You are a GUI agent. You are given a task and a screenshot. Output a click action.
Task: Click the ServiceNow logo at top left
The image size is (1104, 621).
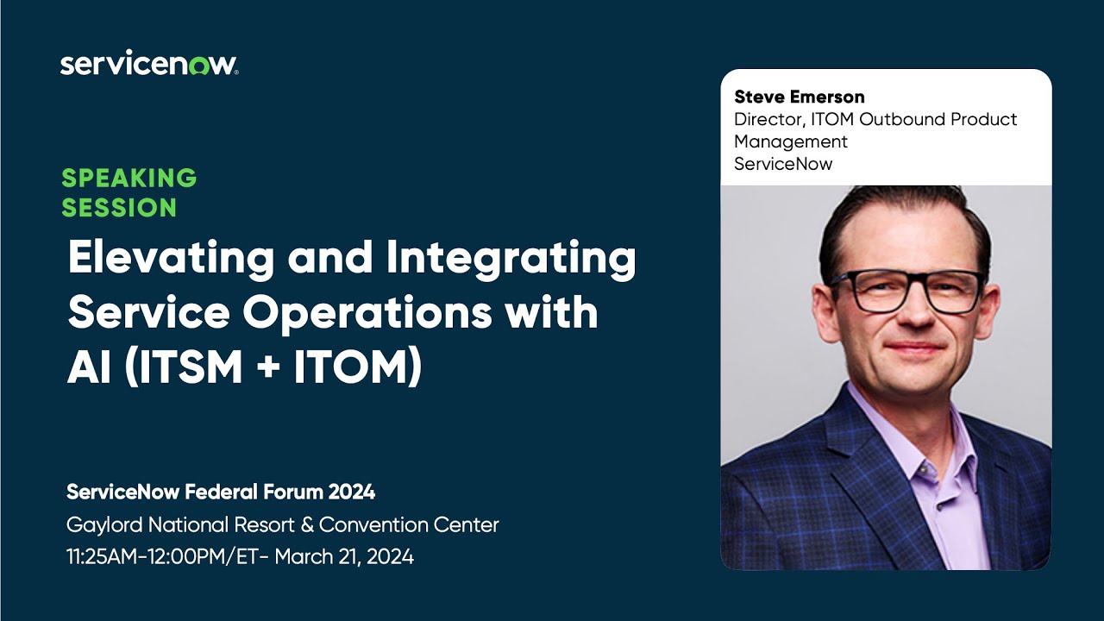click(x=148, y=65)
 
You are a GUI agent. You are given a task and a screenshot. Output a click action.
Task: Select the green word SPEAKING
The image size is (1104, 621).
click(x=129, y=179)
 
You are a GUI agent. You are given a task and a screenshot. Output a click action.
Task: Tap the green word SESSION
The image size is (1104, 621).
click(x=119, y=208)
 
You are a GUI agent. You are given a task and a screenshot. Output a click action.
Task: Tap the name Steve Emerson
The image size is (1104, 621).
click(x=799, y=97)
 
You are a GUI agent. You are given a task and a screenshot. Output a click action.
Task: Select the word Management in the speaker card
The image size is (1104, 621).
click(x=791, y=141)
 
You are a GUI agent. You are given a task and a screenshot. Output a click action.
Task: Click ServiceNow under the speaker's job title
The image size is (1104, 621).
click(x=783, y=164)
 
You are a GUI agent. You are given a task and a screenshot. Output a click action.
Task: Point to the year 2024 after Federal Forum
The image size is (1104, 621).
click(x=351, y=492)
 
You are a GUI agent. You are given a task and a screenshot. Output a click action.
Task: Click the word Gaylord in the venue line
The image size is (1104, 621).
click(x=104, y=524)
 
